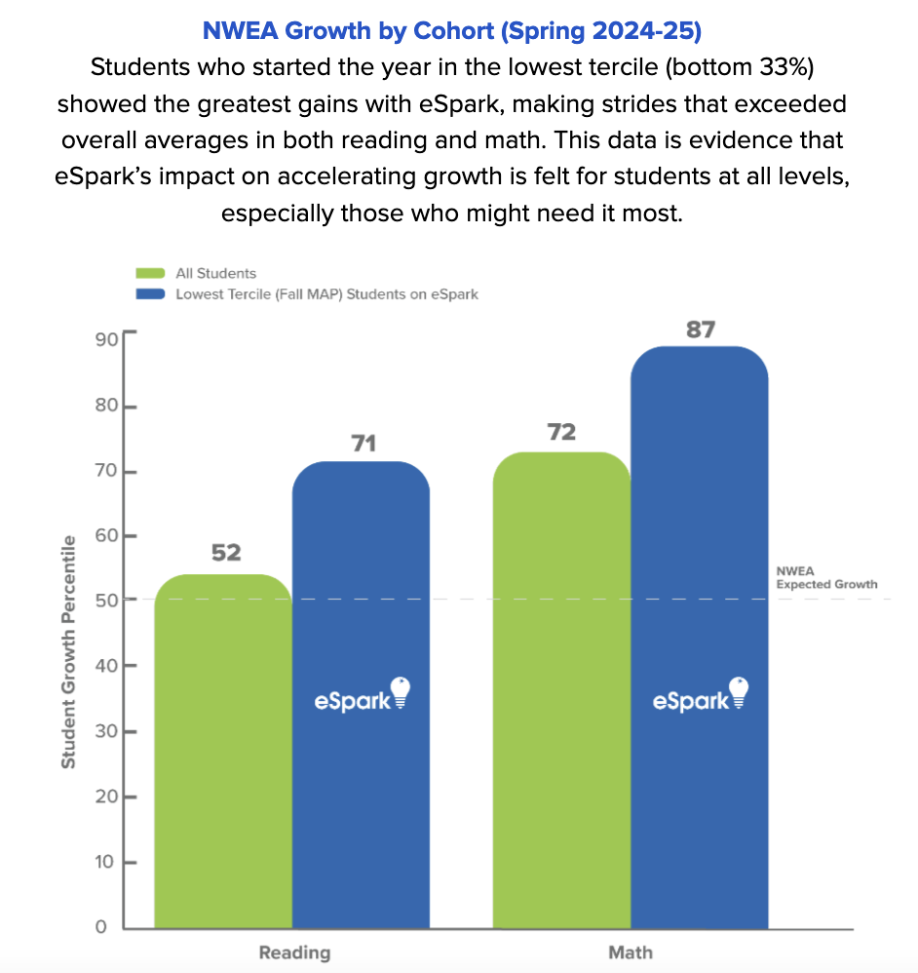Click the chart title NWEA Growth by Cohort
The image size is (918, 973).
[x=451, y=30]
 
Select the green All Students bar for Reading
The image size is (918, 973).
[x=223, y=751]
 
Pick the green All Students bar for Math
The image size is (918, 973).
[x=562, y=692]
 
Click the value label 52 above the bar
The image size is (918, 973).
[x=226, y=553]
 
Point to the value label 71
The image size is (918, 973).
[x=363, y=444]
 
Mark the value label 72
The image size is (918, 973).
[x=562, y=432]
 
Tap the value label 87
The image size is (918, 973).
[x=701, y=330]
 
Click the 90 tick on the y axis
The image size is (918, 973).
[x=106, y=339]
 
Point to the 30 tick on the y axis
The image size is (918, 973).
[x=106, y=731]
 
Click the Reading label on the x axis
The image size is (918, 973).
[x=294, y=953]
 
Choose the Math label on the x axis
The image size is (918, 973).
[x=631, y=953]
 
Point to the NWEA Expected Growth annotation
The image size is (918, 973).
[x=826, y=578]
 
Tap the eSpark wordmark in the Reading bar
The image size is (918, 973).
[x=352, y=700]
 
